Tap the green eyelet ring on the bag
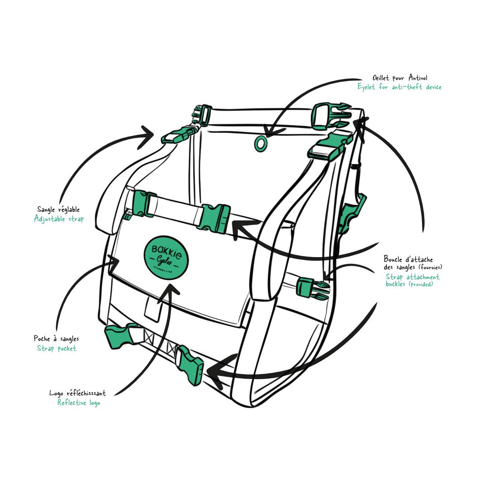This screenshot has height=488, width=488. point(260,143)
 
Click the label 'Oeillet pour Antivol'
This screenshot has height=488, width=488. point(399,78)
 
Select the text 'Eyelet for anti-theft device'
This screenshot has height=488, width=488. point(399,87)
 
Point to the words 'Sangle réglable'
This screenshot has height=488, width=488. point(58,209)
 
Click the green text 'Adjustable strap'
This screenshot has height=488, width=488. point(59,219)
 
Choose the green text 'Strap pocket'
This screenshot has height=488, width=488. point(56,348)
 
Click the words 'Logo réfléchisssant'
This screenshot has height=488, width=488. point(78,393)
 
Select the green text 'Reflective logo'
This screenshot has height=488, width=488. point(79,403)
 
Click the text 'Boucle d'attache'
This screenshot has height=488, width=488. point(408,259)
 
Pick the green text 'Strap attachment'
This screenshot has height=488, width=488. point(413,277)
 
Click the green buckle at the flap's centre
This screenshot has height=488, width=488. point(216,219)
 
